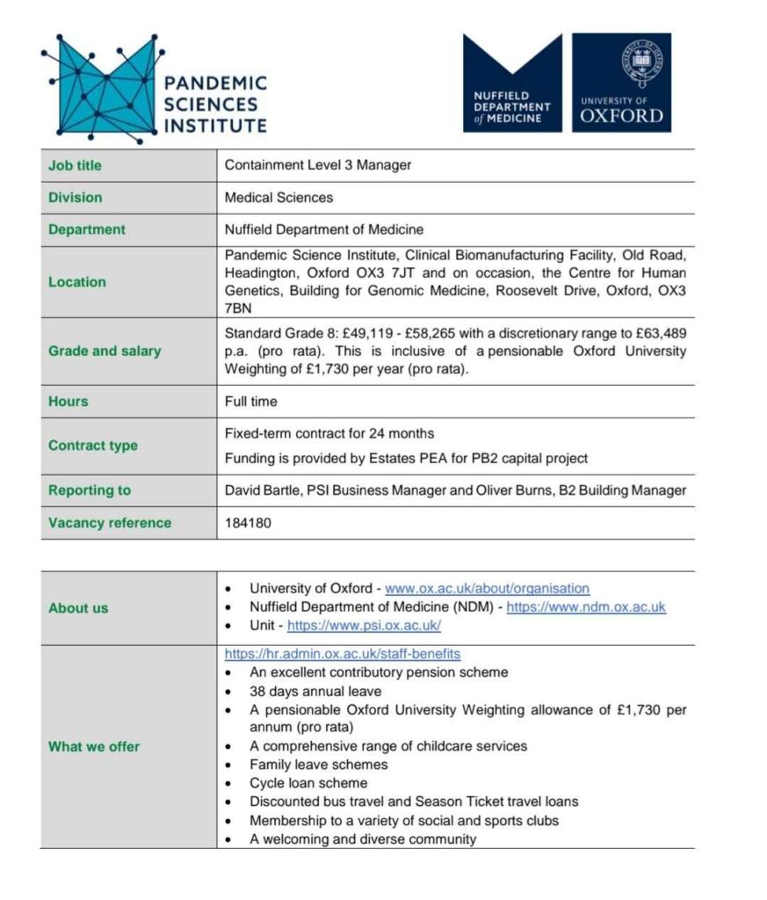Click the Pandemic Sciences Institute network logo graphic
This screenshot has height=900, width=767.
pos(101,88)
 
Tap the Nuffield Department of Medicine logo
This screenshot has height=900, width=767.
pos(512,83)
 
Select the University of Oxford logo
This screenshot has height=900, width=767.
pos(621,83)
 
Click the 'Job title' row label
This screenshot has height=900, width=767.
pos(75,165)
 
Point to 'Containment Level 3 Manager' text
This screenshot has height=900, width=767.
pos(317,165)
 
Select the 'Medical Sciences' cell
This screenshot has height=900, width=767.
pos(279,198)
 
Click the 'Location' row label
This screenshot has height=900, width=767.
pos(77,282)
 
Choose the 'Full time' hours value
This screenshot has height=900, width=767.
pos(250,402)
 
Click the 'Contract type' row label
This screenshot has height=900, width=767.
pos(93,446)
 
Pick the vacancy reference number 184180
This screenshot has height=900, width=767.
pos(249,523)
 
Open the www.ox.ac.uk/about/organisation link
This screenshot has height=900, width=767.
pos(488,589)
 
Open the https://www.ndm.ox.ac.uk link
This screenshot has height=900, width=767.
pos(586,607)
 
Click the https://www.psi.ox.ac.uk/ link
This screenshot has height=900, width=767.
pos(364,626)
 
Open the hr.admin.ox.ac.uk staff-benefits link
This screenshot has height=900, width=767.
pos(343,654)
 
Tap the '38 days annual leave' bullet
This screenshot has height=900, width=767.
pos(315,691)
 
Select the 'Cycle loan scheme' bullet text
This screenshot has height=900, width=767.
pos(308,783)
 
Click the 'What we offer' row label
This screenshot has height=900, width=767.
pos(94,747)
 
